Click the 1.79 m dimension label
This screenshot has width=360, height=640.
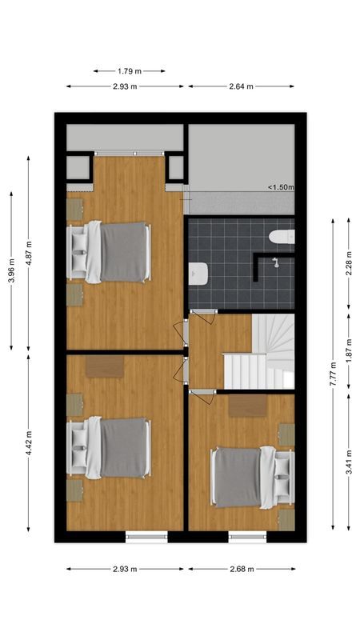pos(129,70)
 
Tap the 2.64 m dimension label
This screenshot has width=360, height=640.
pos(241,86)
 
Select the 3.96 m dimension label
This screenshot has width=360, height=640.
pos(11,270)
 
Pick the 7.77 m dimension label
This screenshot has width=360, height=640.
pos(333,373)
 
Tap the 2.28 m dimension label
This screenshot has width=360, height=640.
pos(349,262)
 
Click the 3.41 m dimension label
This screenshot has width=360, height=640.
pos(349,462)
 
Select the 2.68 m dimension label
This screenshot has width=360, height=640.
pos(241,570)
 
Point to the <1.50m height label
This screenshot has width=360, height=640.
pos(281,188)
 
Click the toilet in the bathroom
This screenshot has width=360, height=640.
pos(282,235)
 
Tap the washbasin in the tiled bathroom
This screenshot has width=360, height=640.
pos(198,274)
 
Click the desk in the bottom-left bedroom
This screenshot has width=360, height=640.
pos(104,366)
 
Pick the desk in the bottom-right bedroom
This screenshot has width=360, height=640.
pos(246,406)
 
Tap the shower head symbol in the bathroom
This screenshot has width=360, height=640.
pos(274,262)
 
